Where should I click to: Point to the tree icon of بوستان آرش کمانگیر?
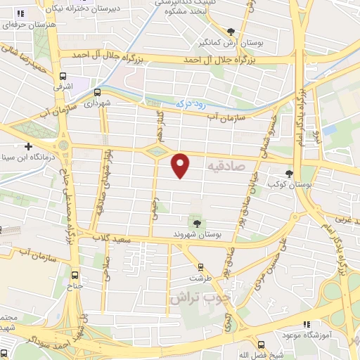[x=231, y=30]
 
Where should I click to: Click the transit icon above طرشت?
[x=201, y=267]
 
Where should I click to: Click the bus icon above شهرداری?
[x=96, y=92]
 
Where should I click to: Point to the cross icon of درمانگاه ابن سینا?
[x=28, y=146]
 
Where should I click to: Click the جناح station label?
[x=75, y=285]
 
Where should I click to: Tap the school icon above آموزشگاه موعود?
[x=306, y=324]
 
